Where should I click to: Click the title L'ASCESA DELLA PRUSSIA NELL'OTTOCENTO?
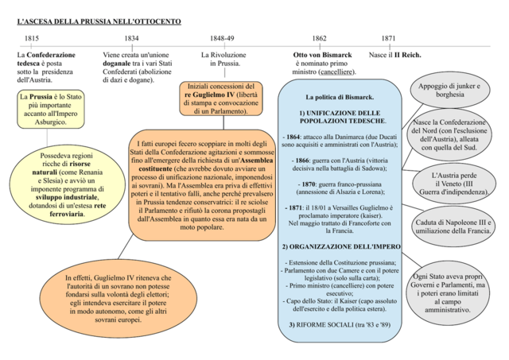pos(99,18)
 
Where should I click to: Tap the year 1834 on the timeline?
pos(131,38)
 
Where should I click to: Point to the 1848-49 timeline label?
pos(222,38)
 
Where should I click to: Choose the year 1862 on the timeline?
pos(319,38)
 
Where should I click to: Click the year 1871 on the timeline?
pos(388,38)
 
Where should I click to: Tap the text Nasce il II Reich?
pos(395,55)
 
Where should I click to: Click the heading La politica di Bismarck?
pos(340,97)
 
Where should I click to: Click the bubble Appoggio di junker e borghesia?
pos(450,91)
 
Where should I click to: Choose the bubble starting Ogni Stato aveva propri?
pos(454,292)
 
